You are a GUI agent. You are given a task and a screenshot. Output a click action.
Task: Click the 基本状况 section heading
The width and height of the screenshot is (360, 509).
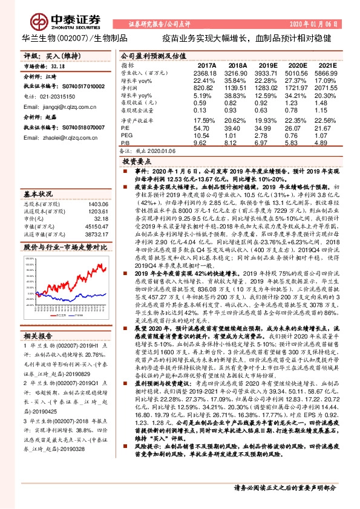coord(38,195)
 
